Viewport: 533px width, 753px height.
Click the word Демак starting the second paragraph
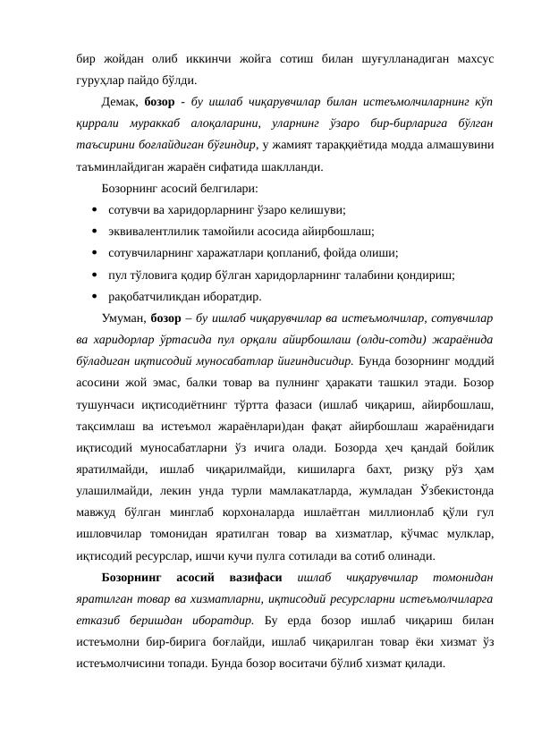click(x=121, y=100)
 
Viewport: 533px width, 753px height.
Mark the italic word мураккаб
click(x=166, y=123)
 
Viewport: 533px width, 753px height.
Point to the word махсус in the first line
click(x=469, y=57)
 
